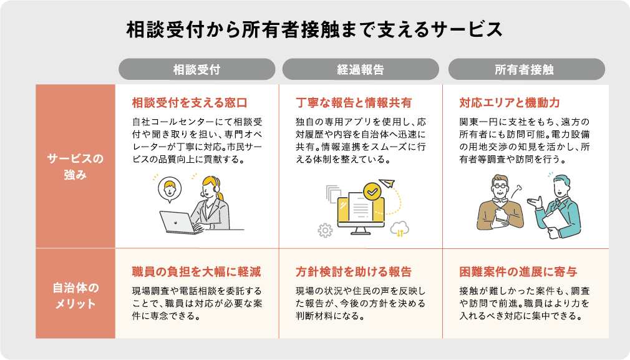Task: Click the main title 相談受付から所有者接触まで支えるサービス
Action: (x=314, y=29)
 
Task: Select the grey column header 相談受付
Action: (x=196, y=69)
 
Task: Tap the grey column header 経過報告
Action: (x=360, y=69)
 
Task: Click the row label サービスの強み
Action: (x=75, y=167)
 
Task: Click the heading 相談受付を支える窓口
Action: (x=190, y=102)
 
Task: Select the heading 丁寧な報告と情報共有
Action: (x=353, y=102)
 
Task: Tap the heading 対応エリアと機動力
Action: (x=509, y=102)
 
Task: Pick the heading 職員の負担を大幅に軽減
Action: (x=196, y=272)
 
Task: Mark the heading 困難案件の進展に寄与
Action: (x=518, y=272)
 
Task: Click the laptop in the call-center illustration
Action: (x=178, y=221)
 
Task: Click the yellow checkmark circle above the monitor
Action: (x=372, y=191)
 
